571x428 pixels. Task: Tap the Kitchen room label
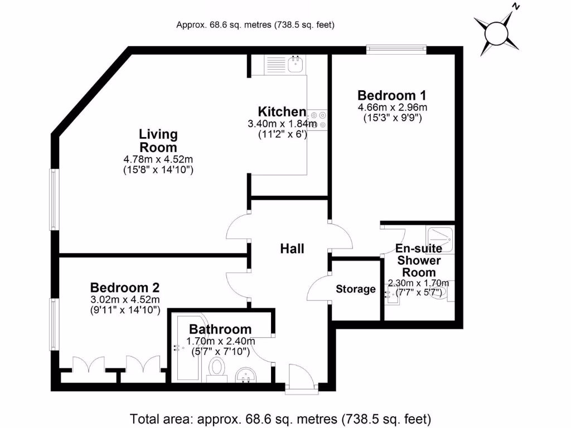(282, 112)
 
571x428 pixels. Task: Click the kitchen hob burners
(317, 120)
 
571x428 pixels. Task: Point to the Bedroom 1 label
(387, 95)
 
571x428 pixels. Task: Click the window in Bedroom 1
(396, 50)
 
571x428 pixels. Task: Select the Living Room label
(158, 141)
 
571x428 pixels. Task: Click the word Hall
(292, 249)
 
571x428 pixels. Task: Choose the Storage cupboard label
(356, 289)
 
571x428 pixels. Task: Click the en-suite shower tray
(439, 240)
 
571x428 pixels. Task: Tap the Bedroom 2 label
(125, 288)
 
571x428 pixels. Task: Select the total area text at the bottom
(280, 419)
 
